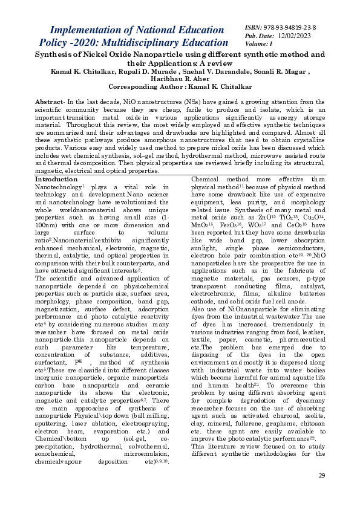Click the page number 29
(322, 475)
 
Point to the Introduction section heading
(56, 180)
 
